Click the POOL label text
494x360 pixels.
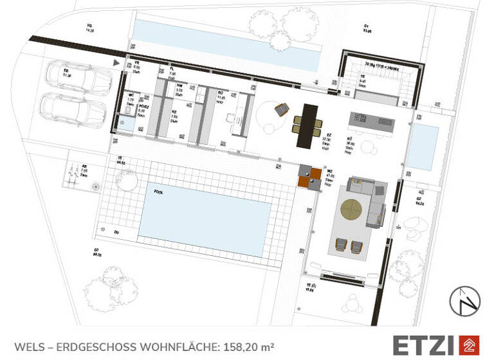158,192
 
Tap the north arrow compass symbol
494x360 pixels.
465,301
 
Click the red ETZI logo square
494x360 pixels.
471,345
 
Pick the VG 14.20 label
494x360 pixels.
90,28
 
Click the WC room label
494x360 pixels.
131,96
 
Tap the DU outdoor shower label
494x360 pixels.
116,231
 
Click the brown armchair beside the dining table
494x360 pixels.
280,110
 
